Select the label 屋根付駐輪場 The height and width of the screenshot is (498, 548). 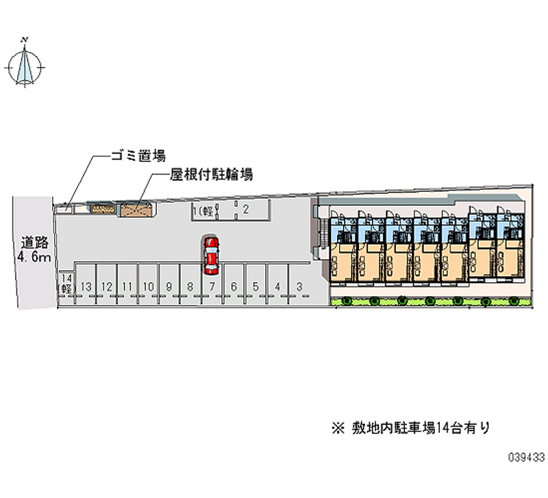(211, 175)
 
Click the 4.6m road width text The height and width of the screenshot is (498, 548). (34, 257)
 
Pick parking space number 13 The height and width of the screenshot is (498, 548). (86, 286)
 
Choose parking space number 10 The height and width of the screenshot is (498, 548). (148, 286)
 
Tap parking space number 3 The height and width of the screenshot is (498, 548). (299, 286)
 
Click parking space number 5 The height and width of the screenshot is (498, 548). (256, 286)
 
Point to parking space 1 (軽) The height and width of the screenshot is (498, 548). (203, 211)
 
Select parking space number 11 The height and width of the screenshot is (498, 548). (127, 286)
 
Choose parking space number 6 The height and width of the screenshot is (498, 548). (234, 286)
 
